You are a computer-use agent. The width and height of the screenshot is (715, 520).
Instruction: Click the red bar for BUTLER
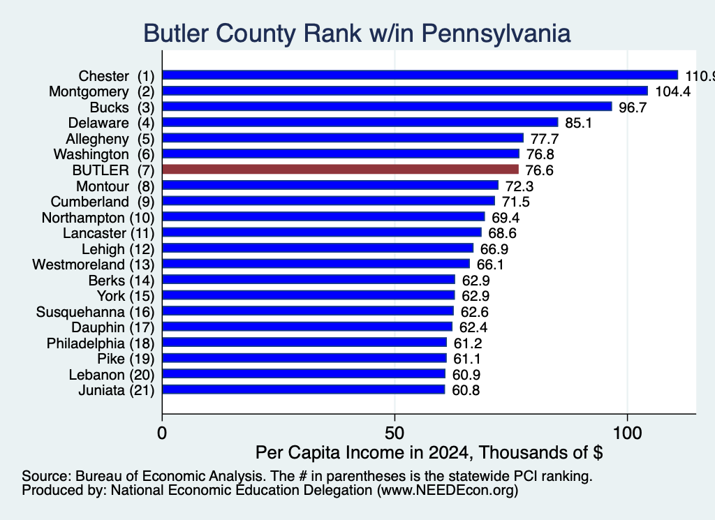pos(340,170)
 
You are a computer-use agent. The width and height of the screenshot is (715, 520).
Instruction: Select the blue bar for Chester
pos(420,75)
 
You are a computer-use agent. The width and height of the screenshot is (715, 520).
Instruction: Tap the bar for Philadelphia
pos(304,343)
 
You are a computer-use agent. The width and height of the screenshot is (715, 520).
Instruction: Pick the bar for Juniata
pos(303,389)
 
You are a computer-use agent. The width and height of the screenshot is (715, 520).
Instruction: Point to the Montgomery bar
pos(405,91)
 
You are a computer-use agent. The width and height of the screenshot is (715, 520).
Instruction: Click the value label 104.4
pos(672,91)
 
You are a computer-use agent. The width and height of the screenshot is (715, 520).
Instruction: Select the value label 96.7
pos(633,107)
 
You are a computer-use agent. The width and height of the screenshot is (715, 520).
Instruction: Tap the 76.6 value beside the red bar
pos(539,170)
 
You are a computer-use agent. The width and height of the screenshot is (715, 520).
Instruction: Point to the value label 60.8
pos(466,390)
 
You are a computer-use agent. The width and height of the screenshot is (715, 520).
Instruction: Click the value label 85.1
pos(578,123)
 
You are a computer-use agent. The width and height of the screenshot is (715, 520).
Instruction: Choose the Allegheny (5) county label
pos(110,139)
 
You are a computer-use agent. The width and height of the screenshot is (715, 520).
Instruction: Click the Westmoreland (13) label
pos(94,265)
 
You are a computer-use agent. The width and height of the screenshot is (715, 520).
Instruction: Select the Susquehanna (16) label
pos(95,312)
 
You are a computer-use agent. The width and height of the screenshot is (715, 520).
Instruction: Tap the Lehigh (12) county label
pos(118,249)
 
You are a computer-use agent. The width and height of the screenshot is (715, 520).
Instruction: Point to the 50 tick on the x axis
pos(394,433)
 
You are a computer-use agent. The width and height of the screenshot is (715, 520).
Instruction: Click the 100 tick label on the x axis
pos(628,433)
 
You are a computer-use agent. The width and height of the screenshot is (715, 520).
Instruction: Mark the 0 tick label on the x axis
pos(162,433)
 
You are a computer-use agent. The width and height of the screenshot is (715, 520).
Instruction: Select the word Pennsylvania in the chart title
pos(496,34)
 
